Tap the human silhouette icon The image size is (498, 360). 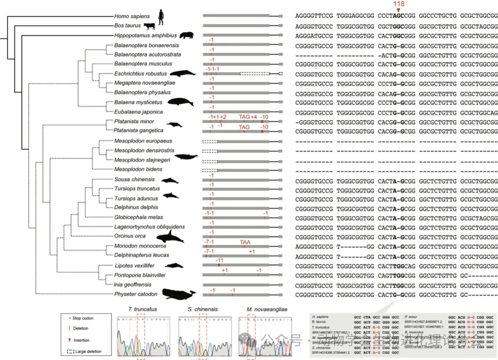(161, 17)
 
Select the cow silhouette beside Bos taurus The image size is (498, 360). (149, 26)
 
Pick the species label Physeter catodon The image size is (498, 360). (136, 294)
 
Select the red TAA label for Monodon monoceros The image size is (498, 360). (245, 242)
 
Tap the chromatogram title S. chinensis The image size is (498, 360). (202, 309)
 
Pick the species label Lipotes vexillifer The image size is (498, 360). (134, 266)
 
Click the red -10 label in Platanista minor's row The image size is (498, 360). (264, 117)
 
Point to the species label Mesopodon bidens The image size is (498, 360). (138, 170)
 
